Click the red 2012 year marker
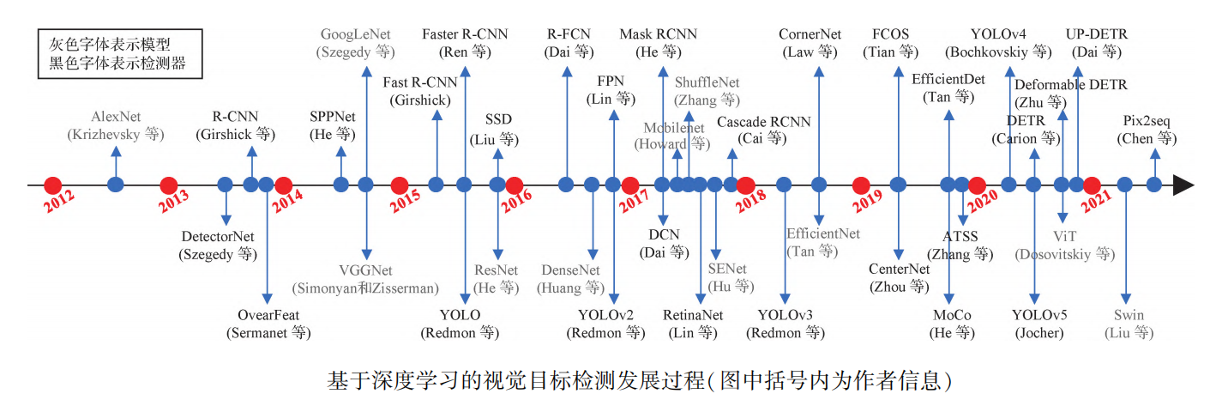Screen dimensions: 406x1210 point(53,185)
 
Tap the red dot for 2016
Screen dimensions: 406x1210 point(515,185)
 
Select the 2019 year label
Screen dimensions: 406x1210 point(867,205)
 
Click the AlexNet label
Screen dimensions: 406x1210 point(116,117)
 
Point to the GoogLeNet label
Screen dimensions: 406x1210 point(357,35)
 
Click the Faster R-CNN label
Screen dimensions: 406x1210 point(465,34)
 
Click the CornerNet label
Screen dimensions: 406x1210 point(810,34)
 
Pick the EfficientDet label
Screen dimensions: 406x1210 point(948,80)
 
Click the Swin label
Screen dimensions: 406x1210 point(1129,315)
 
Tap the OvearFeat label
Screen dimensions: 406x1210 point(268,314)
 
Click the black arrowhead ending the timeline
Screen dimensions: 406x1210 point(1183,185)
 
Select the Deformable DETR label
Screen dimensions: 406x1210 point(1071,85)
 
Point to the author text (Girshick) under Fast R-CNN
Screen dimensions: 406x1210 point(419,100)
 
